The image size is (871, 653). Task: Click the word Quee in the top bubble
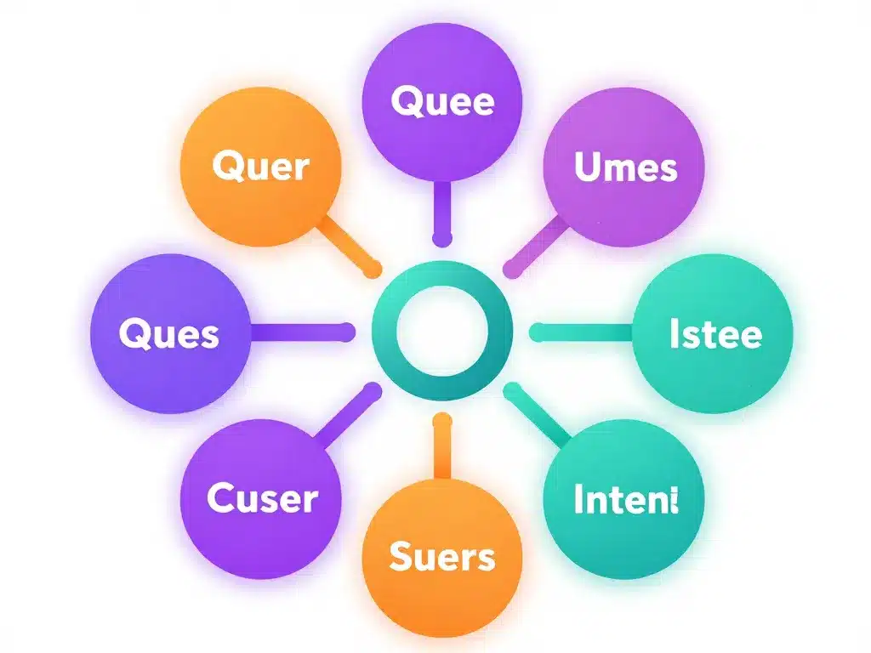[x=442, y=102]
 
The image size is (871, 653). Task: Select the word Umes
[x=626, y=167]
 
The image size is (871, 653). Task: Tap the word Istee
[x=715, y=334]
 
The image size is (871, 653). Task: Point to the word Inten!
[x=625, y=500]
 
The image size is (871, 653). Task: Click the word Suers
[x=441, y=557]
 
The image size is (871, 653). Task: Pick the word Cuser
[x=262, y=498]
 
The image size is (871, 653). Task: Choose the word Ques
[x=168, y=334]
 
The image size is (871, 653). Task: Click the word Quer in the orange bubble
[x=260, y=167]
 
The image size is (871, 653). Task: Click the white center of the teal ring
[x=442, y=332]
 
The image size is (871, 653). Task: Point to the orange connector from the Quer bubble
[x=349, y=247]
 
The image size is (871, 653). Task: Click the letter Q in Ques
[x=133, y=333]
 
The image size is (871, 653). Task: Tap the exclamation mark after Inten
[x=675, y=499]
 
